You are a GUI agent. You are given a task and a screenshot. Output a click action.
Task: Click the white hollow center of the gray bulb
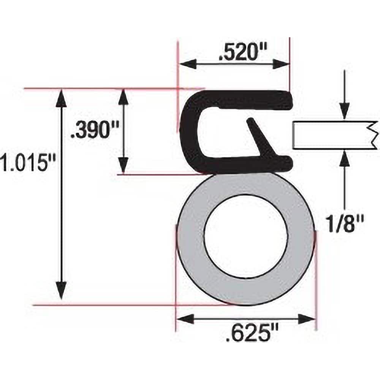coord(245,236)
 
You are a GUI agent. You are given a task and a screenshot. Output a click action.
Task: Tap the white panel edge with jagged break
coord(334,135)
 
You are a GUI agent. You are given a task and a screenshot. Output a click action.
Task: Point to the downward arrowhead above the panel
coord(344,112)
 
